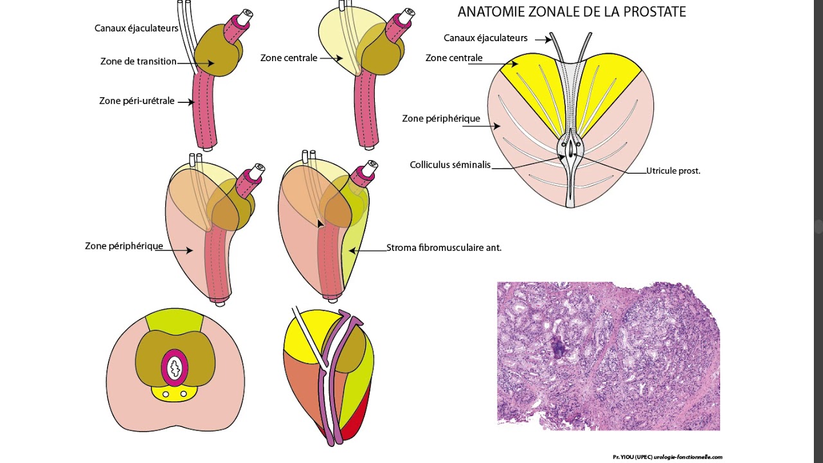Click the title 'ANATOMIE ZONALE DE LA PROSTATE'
point(572,12)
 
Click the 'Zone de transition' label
point(138,62)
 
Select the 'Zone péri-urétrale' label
point(137,101)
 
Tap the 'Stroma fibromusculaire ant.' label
point(444,247)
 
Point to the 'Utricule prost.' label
point(673,171)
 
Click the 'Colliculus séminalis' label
point(450,165)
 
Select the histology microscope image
point(608,356)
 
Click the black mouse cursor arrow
point(320,223)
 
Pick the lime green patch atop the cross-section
point(174,320)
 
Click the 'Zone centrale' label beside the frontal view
point(454,59)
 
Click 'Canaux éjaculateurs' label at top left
point(136,28)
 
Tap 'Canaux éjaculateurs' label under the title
point(485,38)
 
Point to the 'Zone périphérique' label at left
point(124,246)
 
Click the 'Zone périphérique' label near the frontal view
point(441,118)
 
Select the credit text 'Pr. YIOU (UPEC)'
point(633,457)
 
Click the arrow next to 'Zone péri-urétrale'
point(185,102)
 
